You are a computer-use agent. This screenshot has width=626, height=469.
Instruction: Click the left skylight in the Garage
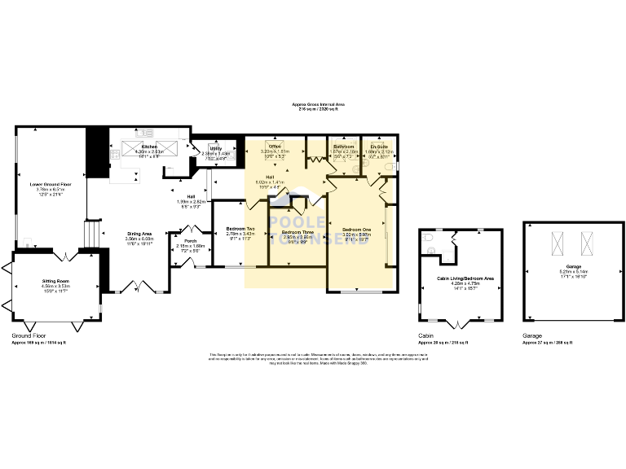pyautogui.click(x=557, y=242)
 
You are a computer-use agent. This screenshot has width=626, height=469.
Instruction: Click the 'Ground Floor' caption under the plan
pyautogui.click(x=29, y=335)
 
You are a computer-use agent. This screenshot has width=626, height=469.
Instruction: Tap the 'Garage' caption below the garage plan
pyautogui.click(x=532, y=335)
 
